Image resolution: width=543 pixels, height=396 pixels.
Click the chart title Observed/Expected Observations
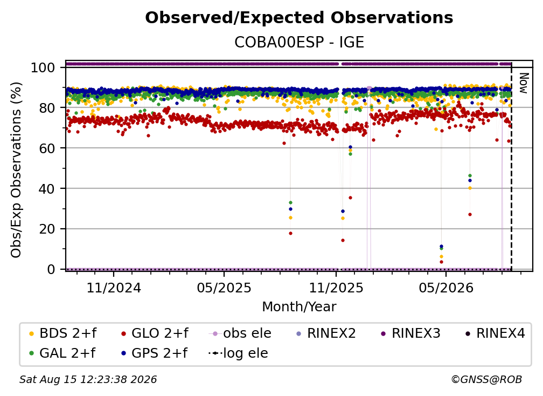299,18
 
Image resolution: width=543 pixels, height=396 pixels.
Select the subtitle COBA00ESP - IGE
299,42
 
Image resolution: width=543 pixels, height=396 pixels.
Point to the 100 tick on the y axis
43,67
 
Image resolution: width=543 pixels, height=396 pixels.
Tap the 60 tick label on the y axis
47,148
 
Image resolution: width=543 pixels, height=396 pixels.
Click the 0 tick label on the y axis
51,269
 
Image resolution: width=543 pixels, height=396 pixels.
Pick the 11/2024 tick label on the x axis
114,288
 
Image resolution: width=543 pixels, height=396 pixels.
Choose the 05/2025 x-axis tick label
224,288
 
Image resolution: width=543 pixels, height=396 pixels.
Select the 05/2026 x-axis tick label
445,288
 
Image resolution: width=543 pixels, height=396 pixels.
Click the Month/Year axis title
299,306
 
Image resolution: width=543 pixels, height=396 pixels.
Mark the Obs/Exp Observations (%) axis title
16,169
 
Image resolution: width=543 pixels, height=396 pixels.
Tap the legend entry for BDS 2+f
62,333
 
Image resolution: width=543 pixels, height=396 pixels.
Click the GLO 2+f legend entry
155,333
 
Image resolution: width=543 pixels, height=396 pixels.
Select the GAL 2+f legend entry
62,353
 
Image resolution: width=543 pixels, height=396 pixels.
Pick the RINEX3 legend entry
410,333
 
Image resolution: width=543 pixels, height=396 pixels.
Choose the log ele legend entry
238,353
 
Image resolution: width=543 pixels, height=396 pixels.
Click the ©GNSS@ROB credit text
486,379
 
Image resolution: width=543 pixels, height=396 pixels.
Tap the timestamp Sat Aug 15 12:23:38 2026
88,379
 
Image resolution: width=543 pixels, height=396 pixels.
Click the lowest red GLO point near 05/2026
441,262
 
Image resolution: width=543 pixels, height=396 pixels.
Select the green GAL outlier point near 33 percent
290,202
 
